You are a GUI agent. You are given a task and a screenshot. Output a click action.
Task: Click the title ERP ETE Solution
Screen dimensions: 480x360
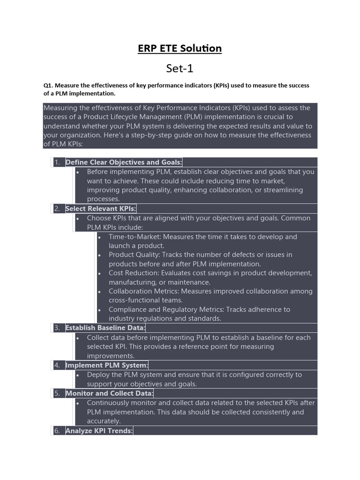180,48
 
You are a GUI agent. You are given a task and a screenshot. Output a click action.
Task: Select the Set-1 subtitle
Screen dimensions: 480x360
180,68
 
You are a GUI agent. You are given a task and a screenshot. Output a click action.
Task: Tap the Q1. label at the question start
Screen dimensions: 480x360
48,85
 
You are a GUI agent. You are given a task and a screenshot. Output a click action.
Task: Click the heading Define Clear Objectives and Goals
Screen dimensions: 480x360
124,162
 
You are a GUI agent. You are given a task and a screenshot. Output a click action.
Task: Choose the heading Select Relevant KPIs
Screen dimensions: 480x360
101,209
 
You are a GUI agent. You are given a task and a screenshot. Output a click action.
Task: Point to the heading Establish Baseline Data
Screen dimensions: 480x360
105,328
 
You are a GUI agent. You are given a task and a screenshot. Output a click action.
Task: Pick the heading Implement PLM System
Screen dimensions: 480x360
107,365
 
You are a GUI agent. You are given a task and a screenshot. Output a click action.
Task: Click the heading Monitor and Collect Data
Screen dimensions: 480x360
109,393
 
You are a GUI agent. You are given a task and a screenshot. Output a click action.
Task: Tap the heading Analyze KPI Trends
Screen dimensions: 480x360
99,430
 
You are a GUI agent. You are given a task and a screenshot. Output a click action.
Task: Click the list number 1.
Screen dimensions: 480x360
57,162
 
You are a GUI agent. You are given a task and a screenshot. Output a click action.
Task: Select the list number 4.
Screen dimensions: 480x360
57,365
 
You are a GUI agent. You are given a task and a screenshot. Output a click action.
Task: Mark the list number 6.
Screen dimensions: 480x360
57,430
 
